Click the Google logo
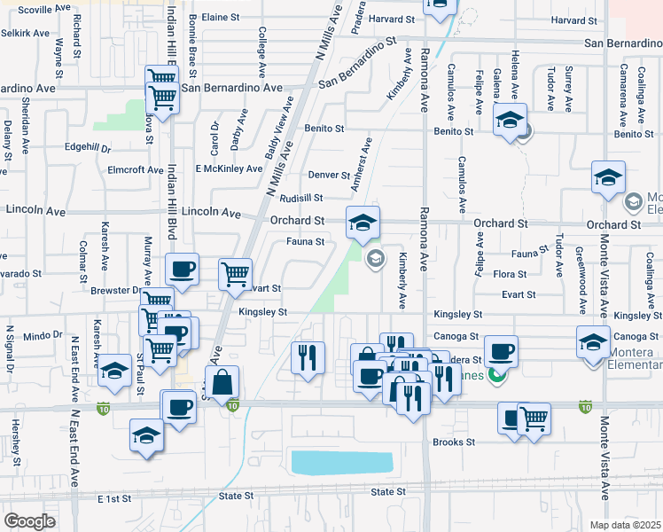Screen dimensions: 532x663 click(x=30, y=521)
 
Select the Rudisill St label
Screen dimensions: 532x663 click(x=302, y=198)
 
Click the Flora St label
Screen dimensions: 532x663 click(x=510, y=275)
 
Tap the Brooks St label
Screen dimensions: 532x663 click(x=454, y=442)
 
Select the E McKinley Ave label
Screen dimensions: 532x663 click(x=229, y=168)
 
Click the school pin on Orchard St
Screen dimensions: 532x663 click(x=363, y=223)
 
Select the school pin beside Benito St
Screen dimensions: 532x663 click(x=510, y=121)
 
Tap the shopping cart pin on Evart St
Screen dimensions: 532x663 click(x=235, y=273)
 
